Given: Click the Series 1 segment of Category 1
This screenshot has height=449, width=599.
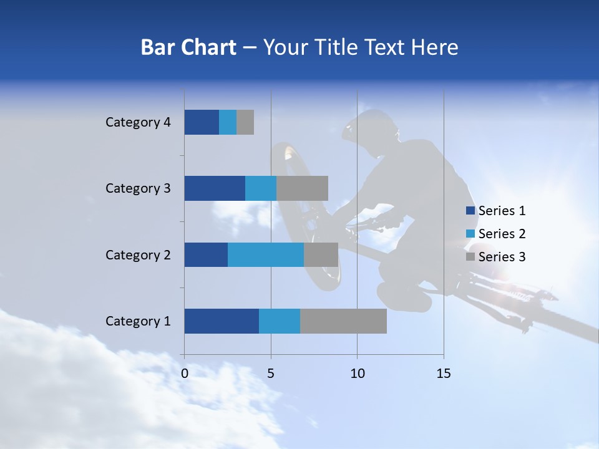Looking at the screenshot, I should tap(222, 321).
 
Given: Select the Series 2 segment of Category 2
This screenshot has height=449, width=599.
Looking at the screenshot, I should tap(266, 254).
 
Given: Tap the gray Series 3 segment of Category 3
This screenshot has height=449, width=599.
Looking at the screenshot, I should tap(302, 188).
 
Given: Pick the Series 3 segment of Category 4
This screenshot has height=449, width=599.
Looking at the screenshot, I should tap(245, 122).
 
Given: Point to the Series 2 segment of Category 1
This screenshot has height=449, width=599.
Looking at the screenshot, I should tap(280, 321).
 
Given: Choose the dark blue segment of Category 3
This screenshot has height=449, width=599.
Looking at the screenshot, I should tap(215, 188).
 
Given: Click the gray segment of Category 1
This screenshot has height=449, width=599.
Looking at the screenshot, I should tap(343, 321).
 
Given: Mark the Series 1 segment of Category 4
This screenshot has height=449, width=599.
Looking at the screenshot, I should tap(202, 122).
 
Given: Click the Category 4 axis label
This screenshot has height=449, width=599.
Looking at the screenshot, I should tap(138, 122).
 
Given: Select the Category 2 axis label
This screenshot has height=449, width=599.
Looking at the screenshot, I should tap(138, 255).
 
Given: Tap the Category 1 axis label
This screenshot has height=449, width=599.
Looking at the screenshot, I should tap(138, 321).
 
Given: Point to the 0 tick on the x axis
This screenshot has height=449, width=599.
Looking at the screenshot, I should tap(185, 374).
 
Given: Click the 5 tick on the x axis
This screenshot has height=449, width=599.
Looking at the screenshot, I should tap(271, 374).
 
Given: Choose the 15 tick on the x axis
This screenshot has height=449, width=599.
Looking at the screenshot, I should tap(444, 374).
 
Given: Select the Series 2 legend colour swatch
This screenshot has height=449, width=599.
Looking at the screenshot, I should tap(470, 234).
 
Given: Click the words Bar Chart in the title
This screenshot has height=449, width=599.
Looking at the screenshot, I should tap(188, 47).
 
